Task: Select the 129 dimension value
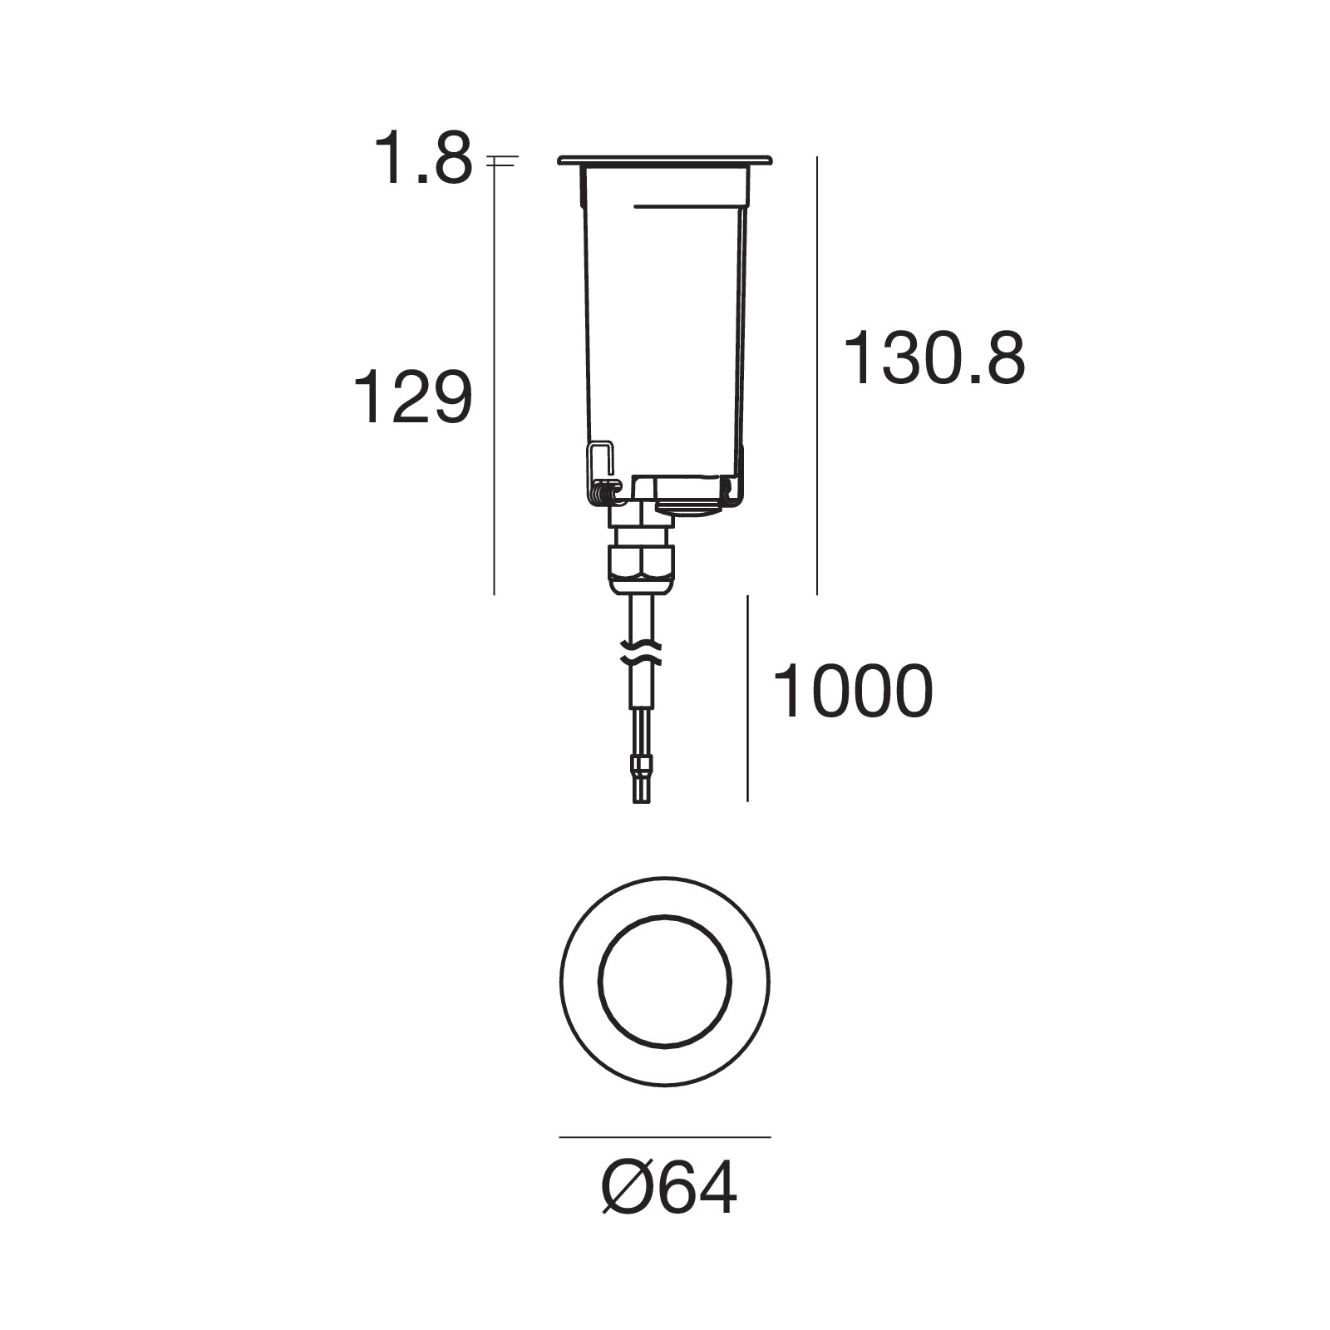[x=413, y=398]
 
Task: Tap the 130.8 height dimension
[x=934, y=358]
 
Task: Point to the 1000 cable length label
[x=853, y=692]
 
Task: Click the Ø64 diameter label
[x=668, y=1189]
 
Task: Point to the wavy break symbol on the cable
[x=642, y=652]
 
